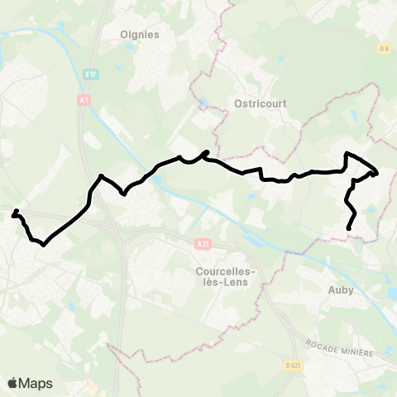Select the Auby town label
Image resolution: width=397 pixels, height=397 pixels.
pyautogui.click(x=341, y=290)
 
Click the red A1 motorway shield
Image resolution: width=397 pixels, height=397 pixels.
pyautogui.click(x=84, y=99)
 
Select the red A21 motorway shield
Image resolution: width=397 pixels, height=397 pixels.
pyautogui.click(x=203, y=244)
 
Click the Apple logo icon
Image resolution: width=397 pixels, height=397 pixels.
pyautogui.click(x=13, y=383)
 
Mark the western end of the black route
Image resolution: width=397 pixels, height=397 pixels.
pyautogui.click(x=13, y=215)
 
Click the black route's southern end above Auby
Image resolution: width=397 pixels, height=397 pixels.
pyautogui.click(x=349, y=229)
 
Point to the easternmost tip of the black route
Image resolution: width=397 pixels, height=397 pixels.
pyautogui.click(x=377, y=173)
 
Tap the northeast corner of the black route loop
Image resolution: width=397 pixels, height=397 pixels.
pyautogui.click(x=347, y=155)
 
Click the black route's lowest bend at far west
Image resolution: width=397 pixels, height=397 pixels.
pyautogui.click(x=42, y=243)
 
